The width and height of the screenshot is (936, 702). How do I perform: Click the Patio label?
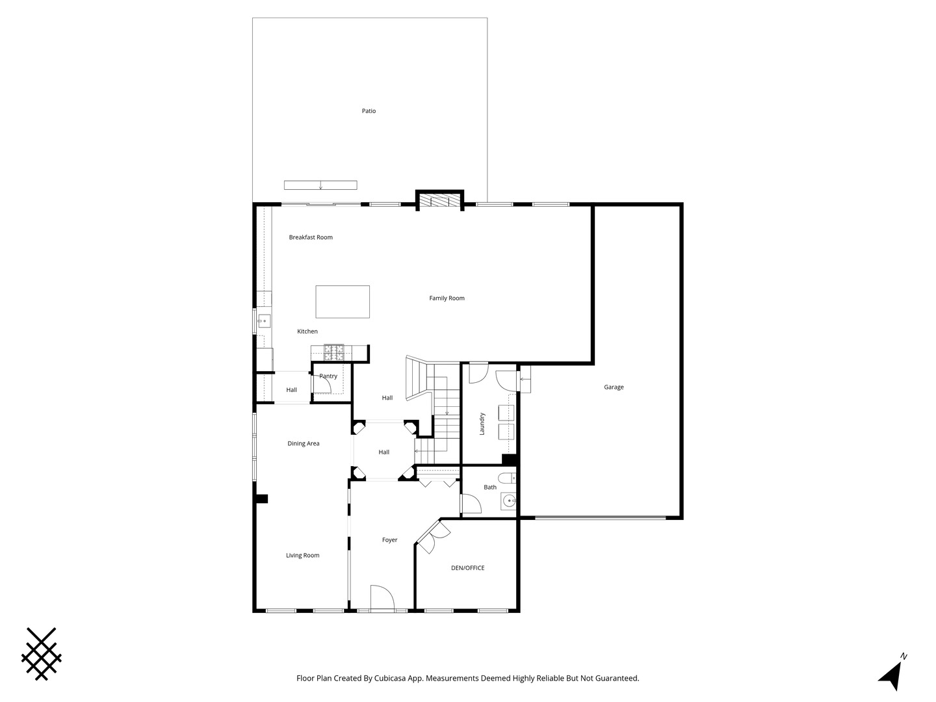pyautogui.click(x=369, y=110)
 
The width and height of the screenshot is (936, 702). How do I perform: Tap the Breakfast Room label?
pyautogui.click(x=311, y=237)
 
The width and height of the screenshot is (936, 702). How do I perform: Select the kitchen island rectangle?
pyautogui.click(x=343, y=302)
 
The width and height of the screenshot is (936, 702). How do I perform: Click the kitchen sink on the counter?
pyautogui.click(x=264, y=320)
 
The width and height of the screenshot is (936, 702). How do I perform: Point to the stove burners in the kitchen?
pyautogui.click(x=334, y=352)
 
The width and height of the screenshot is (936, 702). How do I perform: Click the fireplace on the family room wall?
pyautogui.click(x=439, y=201)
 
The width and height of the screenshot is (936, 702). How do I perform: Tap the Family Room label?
pyautogui.click(x=447, y=298)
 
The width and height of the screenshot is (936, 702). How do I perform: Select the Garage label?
pyautogui.click(x=614, y=387)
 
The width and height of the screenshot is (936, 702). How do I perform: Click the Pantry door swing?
pyautogui.click(x=322, y=383)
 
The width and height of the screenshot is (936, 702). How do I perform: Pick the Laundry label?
pyautogui.click(x=482, y=424)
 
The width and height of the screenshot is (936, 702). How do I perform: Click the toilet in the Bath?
pyautogui.click(x=507, y=478)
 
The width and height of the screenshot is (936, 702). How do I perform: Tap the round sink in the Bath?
pyautogui.click(x=509, y=500)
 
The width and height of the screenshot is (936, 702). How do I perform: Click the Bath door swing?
pyautogui.click(x=472, y=504)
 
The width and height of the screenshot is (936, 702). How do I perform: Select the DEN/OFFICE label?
pyautogui.click(x=468, y=567)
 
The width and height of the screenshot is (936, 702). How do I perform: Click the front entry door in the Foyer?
pyautogui.click(x=382, y=597)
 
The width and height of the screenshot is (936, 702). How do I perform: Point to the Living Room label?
pyautogui.click(x=303, y=555)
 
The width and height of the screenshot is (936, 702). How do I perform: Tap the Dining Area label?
pyautogui.click(x=303, y=443)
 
